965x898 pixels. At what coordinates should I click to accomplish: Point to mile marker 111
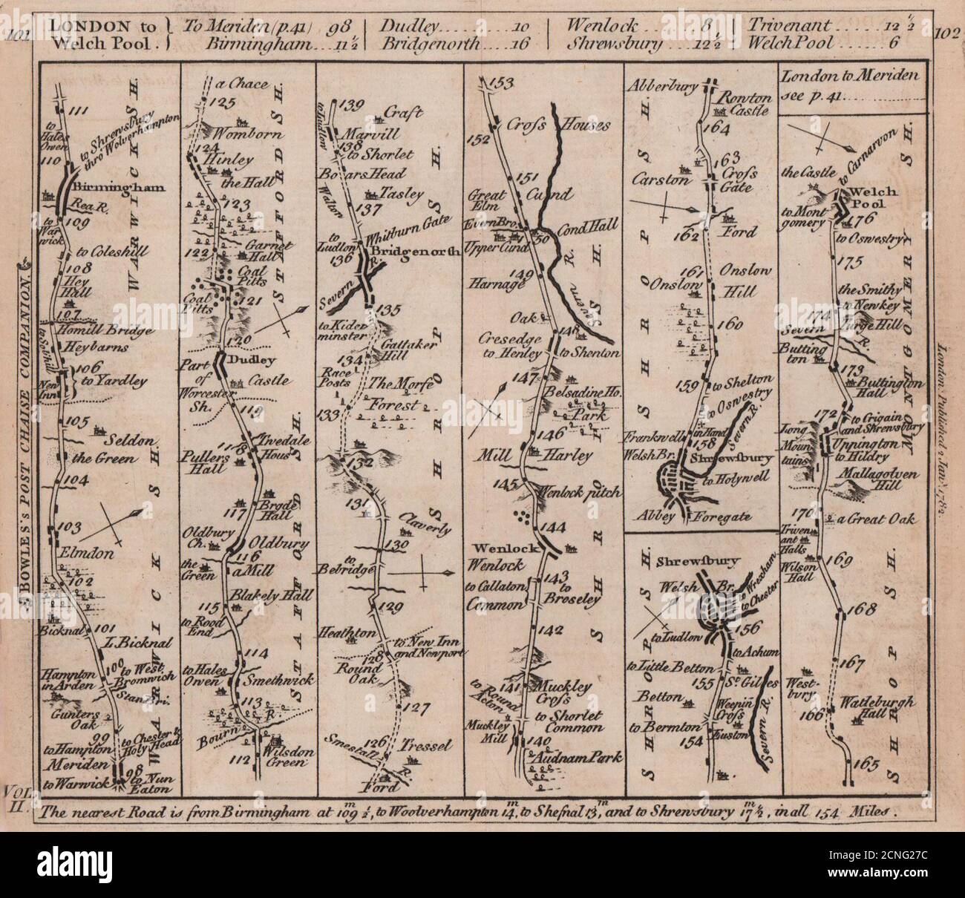(78, 111)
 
